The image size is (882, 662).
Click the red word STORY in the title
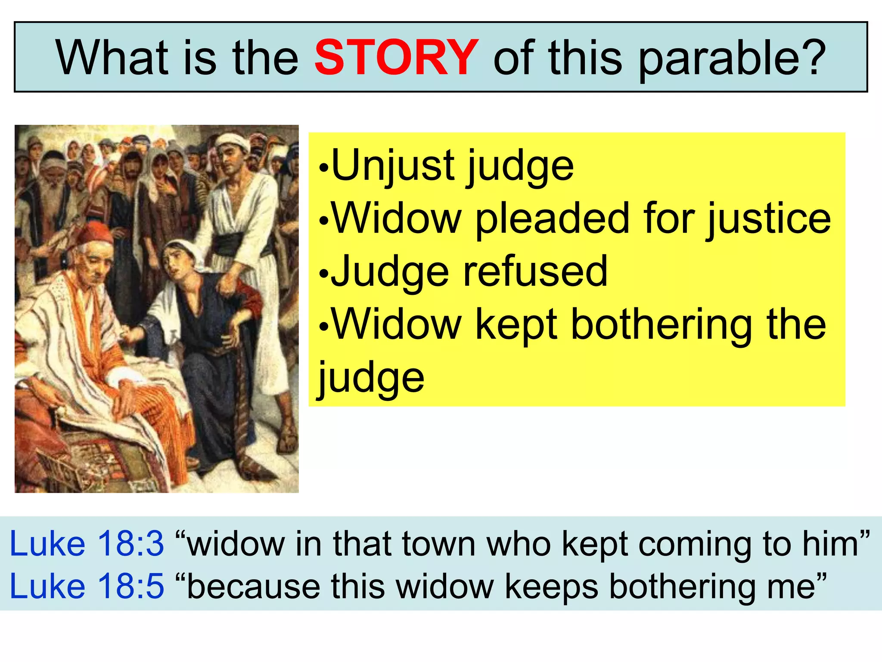coord(396,57)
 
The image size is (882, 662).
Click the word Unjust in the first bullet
coord(392,165)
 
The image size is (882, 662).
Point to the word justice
coord(768,220)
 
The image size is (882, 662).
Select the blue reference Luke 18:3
coord(87,543)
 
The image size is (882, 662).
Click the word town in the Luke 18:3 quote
coord(439,544)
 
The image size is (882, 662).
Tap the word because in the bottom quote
coord(254,587)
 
